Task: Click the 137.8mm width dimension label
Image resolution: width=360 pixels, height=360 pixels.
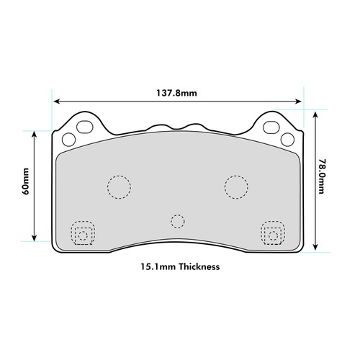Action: coord(176,93)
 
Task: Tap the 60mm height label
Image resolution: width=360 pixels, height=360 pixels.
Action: coord(26,181)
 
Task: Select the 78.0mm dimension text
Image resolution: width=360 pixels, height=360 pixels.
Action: coord(322,176)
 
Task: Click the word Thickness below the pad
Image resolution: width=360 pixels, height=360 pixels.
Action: coord(199,266)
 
